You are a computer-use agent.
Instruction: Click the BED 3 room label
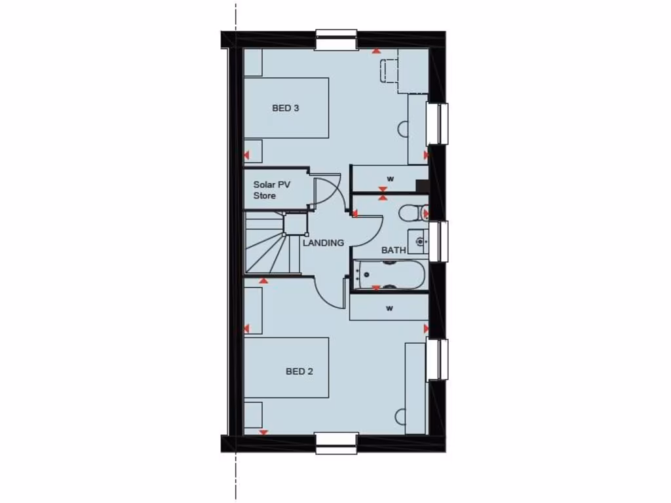pyautogui.click(x=286, y=108)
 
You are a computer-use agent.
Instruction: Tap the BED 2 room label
pyautogui.click(x=299, y=371)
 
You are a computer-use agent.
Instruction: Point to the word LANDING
pyautogui.click(x=323, y=243)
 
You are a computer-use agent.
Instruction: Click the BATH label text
pyautogui.click(x=394, y=250)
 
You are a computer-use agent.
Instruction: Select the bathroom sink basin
pyautogui.click(x=418, y=242)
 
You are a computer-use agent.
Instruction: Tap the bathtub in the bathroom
pyautogui.click(x=389, y=275)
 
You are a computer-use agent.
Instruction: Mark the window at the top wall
pyautogui.click(x=336, y=39)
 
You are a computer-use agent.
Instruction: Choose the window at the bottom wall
pyautogui.click(x=337, y=443)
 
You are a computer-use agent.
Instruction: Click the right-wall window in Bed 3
pyautogui.click(x=438, y=124)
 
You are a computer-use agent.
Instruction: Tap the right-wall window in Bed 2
pyautogui.click(x=438, y=359)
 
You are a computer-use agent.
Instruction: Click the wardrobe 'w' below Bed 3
pyautogui.click(x=389, y=179)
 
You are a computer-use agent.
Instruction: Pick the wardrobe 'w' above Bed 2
pyautogui.click(x=389, y=308)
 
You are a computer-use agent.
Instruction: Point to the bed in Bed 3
pyautogui.click(x=286, y=108)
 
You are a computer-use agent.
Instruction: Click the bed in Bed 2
pyautogui.click(x=286, y=367)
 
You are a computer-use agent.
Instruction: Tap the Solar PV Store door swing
pyautogui.click(x=328, y=191)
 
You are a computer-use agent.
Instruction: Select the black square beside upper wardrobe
pyautogui.click(x=423, y=186)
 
